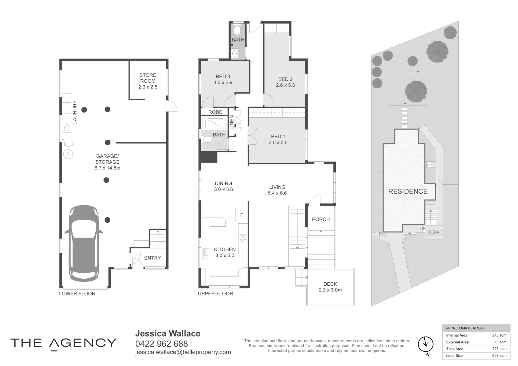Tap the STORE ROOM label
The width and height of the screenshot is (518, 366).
click(148, 81)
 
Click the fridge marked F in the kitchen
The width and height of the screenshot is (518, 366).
click(242, 215)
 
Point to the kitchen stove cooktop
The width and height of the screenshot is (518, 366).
click(243, 239)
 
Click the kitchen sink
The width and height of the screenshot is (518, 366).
click(205, 254)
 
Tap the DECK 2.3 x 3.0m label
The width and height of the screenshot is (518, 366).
click(330, 287)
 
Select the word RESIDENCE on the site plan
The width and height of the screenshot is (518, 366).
click(408, 191)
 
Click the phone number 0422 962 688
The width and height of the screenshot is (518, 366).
click(161, 344)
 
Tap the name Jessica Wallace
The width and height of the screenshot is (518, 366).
click(168, 333)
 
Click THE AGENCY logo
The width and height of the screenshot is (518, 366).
click(63, 343)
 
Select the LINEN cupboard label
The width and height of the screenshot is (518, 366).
click(232, 122)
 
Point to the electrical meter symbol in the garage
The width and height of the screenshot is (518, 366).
click(68, 154)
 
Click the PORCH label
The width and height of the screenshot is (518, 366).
click(321, 219)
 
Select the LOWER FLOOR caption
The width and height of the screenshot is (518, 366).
click(77, 293)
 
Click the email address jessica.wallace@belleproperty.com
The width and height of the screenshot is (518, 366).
click(183, 352)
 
